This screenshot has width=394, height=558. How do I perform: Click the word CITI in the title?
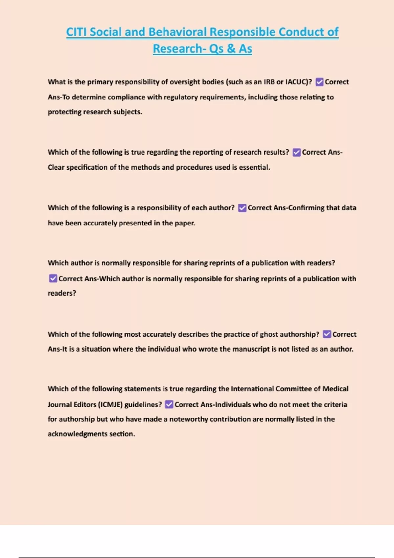(x=77, y=32)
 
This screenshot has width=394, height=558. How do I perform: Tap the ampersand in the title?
(x=231, y=49)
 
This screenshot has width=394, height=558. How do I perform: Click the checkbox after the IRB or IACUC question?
(x=319, y=82)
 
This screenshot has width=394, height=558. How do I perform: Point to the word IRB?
(x=269, y=82)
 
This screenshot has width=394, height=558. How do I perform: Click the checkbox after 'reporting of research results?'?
(x=296, y=152)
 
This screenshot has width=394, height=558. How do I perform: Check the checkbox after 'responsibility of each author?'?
(x=242, y=208)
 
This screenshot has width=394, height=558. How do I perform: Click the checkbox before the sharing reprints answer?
(x=53, y=279)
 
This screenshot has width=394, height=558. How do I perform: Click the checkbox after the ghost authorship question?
(x=327, y=334)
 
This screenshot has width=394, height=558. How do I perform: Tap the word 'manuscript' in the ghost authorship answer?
(x=251, y=349)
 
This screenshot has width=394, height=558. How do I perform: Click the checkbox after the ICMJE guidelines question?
(x=169, y=405)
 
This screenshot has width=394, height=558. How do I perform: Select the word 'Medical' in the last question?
(x=335, y=389)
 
